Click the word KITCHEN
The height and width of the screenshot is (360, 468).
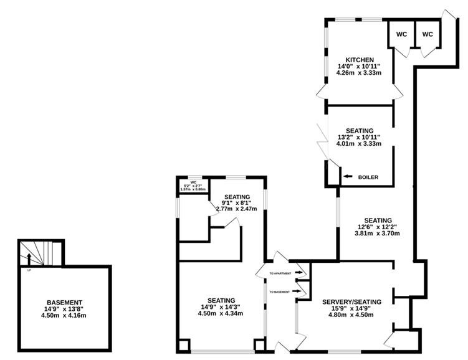[x=360, y=60]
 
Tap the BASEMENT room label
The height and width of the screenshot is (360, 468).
[x=64, y=303]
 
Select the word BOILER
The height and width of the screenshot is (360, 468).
[x=368, y=177]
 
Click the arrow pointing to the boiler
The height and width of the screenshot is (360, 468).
[x=348, y=176]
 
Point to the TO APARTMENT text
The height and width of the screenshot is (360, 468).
[x=280, y=273]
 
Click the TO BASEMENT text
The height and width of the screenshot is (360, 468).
[x=279, y=291]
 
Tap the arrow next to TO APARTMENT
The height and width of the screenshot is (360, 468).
[x=298, y=272]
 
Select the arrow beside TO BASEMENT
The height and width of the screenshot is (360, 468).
[x=297, y=291]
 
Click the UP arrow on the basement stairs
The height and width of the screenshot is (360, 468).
[x=29, y=259]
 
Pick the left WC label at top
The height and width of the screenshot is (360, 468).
[x=401, y=34]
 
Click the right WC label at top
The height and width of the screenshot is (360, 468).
[x=427, y=34]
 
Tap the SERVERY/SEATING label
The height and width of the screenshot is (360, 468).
[x=351, y=302]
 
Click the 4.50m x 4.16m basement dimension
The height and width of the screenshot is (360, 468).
[x=64, y=315]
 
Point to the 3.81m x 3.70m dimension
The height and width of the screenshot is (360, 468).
[x=377, y=233]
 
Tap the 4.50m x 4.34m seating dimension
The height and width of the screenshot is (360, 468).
[x=220, y=313]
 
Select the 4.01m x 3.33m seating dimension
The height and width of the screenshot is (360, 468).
[x=359, y=143]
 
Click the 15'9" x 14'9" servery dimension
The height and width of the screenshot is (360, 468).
[x=351, y=308]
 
